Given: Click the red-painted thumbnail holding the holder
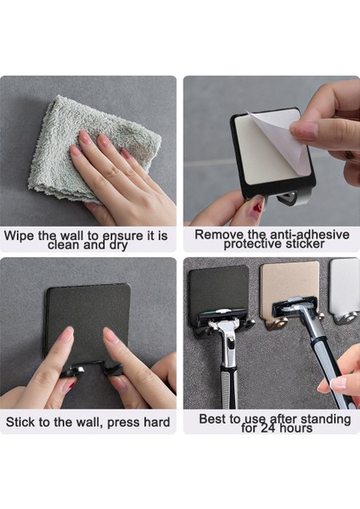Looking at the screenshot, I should click(256, 207).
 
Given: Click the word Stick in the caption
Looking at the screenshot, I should click(21, 422).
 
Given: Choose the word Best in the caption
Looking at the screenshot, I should click(213, 418).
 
